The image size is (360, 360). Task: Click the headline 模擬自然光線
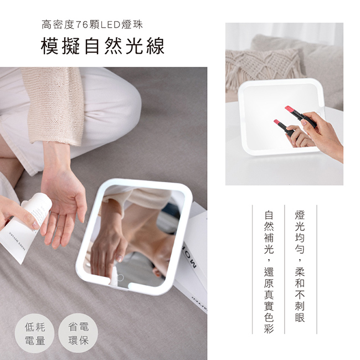pyautogui.click(x=102, y=46)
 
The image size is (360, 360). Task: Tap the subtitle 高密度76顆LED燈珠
pyautogui.click(x=92, y=25)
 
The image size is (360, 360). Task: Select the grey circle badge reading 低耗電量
pyautogui.click(x=35, y=333)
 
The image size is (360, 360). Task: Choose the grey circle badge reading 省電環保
pyautogui.click(x=78, y=333)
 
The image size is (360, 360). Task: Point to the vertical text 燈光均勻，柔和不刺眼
pyautogui.click(x=300, y=266)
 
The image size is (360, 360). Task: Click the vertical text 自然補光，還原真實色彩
pyautogui.click(x=269, y=272)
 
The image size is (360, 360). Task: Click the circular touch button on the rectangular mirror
pyautogui.click(x=120, y=277)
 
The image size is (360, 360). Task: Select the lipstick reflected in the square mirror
pyautogui.click(x=284, y=127)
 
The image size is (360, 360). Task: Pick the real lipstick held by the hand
pyautogui.click(x=301, y=116)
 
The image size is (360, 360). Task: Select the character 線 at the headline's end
pyautogui.click(x=156, y=47)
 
